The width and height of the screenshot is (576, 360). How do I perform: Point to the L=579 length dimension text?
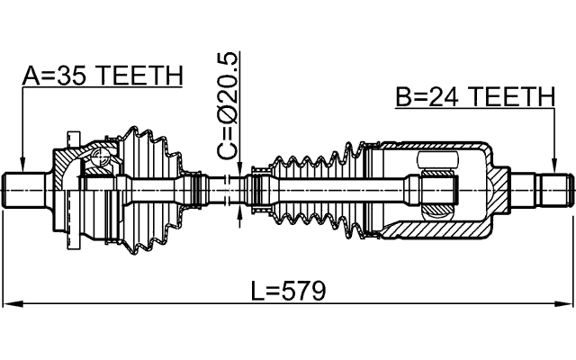pos(288,291)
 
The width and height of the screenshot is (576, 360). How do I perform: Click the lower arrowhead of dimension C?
pos(238,211)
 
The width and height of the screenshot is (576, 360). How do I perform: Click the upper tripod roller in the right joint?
pos(440,161)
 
